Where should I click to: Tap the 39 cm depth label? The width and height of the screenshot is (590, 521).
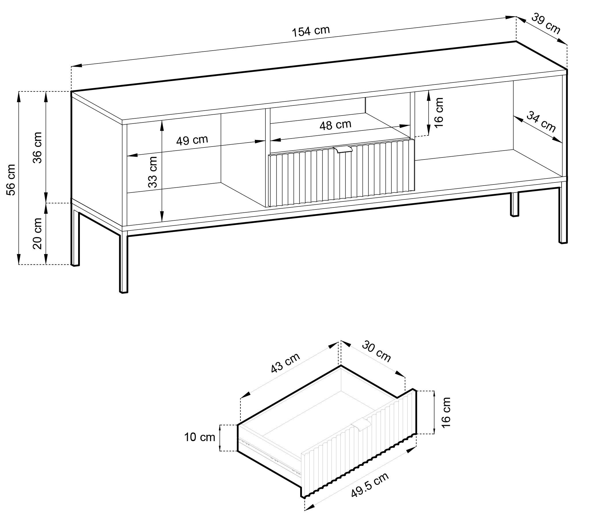pos(546,24)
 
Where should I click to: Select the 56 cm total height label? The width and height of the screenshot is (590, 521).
pos(11,180)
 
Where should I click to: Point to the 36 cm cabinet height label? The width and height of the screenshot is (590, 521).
pos(38,148)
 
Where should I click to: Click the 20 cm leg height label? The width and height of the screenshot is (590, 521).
pos(38,233)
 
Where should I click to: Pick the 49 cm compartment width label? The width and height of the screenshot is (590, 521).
pos(192,140)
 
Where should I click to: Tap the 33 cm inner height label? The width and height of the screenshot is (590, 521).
pos(153,172)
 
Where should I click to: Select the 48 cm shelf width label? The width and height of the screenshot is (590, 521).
pos(336,125)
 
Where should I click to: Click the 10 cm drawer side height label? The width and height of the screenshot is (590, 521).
pos(200,437)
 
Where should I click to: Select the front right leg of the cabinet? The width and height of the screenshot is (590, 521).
pos(563,216)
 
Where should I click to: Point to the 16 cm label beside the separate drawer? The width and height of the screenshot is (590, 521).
pos(446,412)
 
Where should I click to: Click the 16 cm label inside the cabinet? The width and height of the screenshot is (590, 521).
pos(438,112)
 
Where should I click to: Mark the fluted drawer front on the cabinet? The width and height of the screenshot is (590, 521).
pos(342,173)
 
